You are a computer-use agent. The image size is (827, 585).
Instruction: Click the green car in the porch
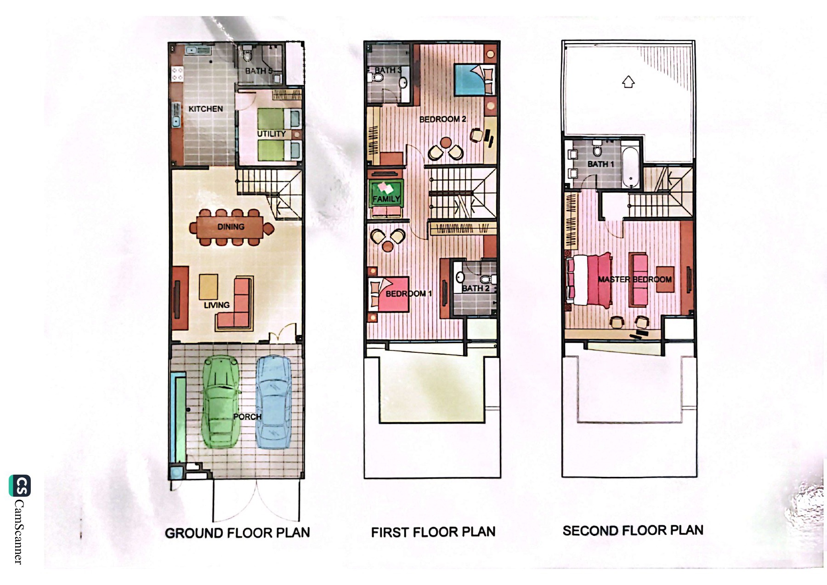221,402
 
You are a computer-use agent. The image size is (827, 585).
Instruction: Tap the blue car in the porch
273,401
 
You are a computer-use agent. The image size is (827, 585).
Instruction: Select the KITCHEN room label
205,109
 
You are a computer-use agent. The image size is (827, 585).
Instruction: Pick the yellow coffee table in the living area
209,286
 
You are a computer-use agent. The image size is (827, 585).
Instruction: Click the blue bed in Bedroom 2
475,80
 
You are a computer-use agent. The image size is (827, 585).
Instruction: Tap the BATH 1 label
600,164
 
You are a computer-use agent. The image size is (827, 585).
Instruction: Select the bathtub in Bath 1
631,167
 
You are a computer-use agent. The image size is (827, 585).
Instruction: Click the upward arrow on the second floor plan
628,82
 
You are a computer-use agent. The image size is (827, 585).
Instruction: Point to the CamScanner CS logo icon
20,486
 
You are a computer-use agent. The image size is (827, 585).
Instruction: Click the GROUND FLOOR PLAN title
238,533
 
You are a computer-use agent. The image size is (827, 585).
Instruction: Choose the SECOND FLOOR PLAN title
633,531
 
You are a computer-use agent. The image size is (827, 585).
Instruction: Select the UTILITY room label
272,134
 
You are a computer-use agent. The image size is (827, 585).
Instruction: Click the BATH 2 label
476,288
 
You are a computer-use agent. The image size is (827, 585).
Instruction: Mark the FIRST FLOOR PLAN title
433,532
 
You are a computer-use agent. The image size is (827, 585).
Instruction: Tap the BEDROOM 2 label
442,119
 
